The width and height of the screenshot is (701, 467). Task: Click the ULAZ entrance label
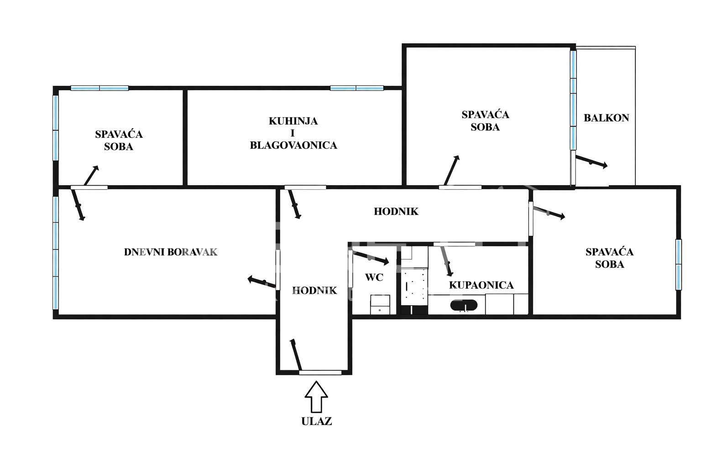[x=316, y=421]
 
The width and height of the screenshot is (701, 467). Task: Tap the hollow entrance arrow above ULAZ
[x=316, y=397]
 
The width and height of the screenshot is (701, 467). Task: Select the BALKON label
[x=606, y=118]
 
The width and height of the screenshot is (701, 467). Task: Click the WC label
[x=374, y=277]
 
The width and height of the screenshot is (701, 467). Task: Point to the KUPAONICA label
[x=481, y=285]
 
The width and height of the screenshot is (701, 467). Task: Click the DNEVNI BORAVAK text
[x=171, y=252]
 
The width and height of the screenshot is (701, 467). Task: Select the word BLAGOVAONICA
[x=293, y=145]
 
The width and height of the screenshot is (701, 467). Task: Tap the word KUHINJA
[x=293, y=121]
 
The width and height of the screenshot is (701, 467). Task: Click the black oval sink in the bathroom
[x=464, y=305]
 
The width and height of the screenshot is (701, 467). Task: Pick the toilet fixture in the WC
[x=380, y=304]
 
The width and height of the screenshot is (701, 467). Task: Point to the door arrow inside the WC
[x=371, y=258]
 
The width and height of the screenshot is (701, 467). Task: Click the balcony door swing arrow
[x=591, y=162]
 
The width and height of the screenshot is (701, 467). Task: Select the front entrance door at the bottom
[x=320, y=373]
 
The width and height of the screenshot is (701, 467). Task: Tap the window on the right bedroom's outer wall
[x=679, y=265]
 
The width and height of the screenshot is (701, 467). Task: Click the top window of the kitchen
[x=357, y=88]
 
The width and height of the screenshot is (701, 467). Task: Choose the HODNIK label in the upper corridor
[x=396, y=212]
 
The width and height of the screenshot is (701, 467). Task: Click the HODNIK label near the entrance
[x=314, y=291]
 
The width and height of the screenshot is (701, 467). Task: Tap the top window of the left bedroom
[x=99, y=88]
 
